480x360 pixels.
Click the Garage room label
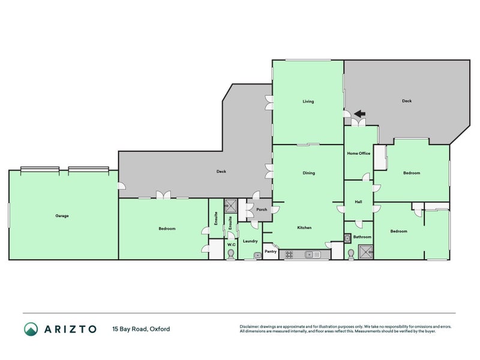tap(62, 216)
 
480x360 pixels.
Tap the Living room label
tap(308, 101)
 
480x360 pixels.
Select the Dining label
tap(308, 173)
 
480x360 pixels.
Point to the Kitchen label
tap(304, 227)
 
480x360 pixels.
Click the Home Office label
tap(358, 154)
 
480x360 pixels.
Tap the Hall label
tap(358, 202)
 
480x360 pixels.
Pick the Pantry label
tap(271, 251)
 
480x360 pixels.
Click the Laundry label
tap(250, 241)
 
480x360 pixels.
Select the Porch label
tap(262, 209)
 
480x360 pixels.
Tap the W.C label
tap(232, 245)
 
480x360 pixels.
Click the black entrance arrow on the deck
tap(359, 114)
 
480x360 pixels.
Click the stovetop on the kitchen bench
tap(289, 254)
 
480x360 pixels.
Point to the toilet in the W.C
tap(231, 254)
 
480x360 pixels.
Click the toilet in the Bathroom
tap(351, 254)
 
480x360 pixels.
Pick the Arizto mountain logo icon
tap(31, 329)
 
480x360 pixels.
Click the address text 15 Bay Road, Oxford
tap(141, 329)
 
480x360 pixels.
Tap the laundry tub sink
tap(257, 255)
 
